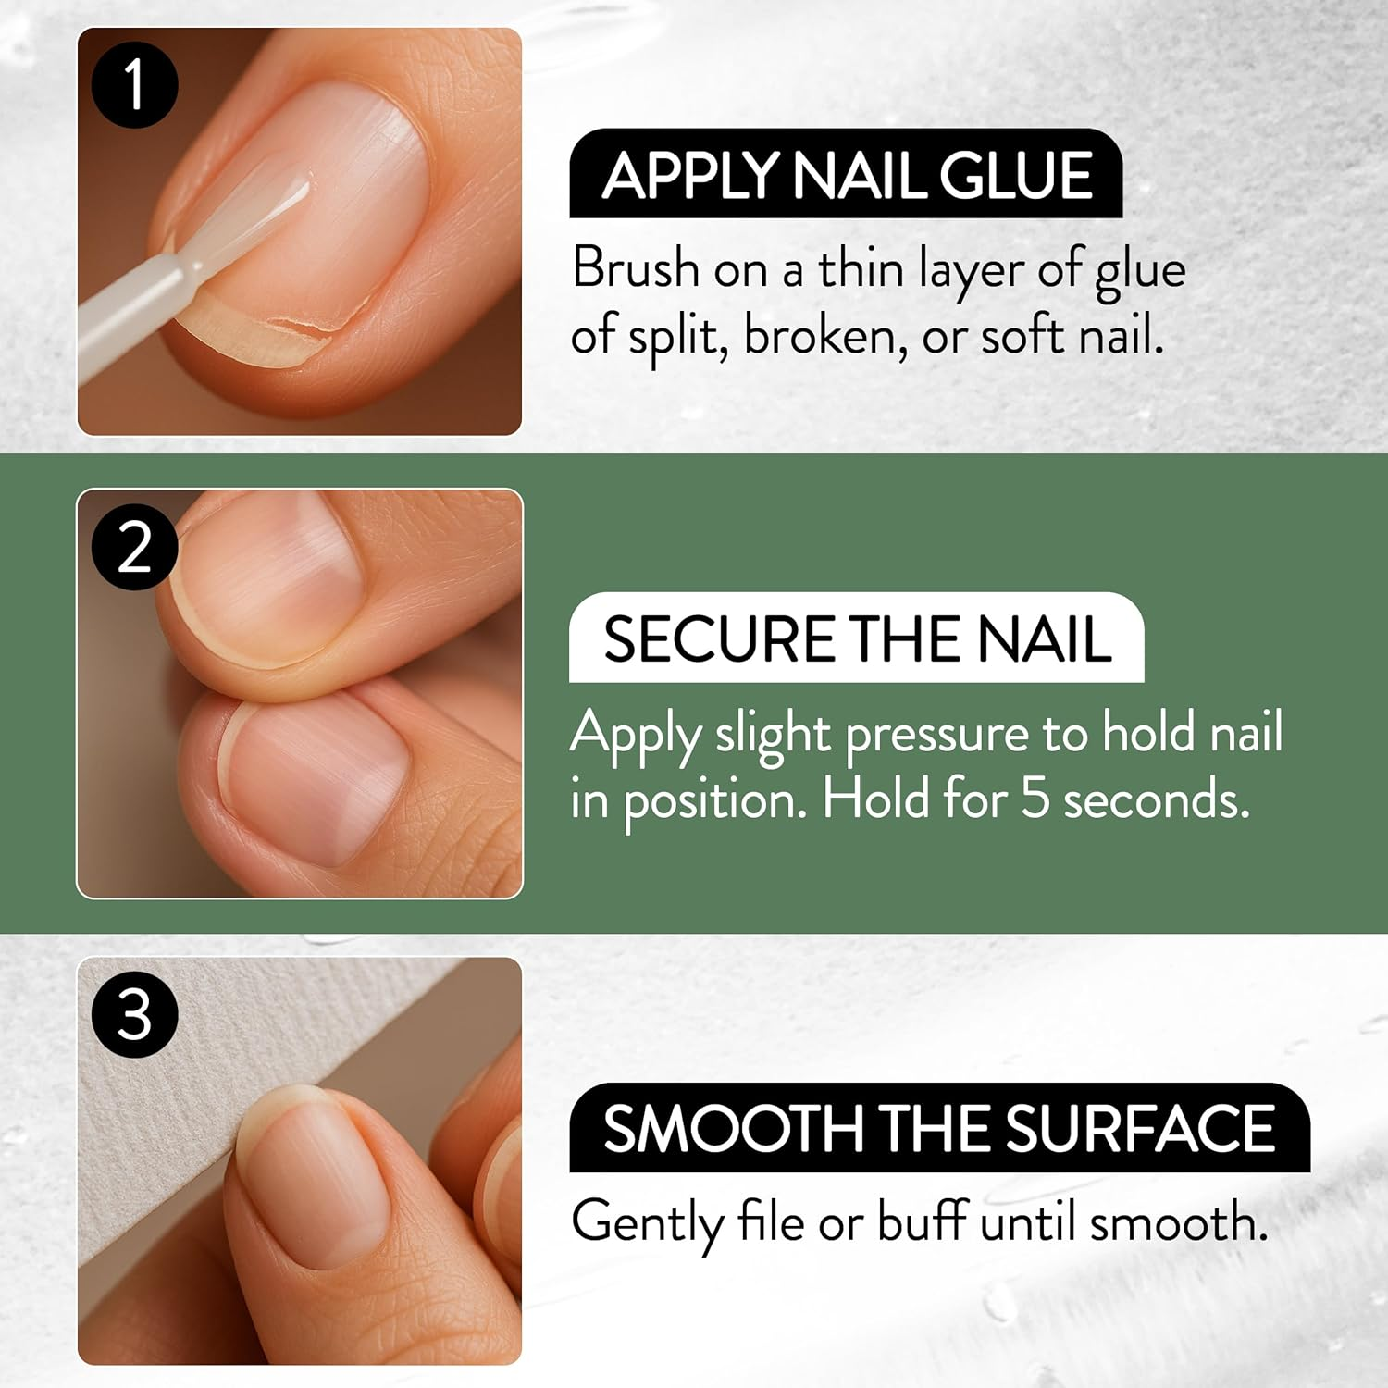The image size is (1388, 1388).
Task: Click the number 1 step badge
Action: (135, 84)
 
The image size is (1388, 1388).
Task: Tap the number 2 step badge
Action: (135, 546)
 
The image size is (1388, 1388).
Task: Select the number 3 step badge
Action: (135, 1014)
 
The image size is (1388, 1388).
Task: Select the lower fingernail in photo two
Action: (315, 777)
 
